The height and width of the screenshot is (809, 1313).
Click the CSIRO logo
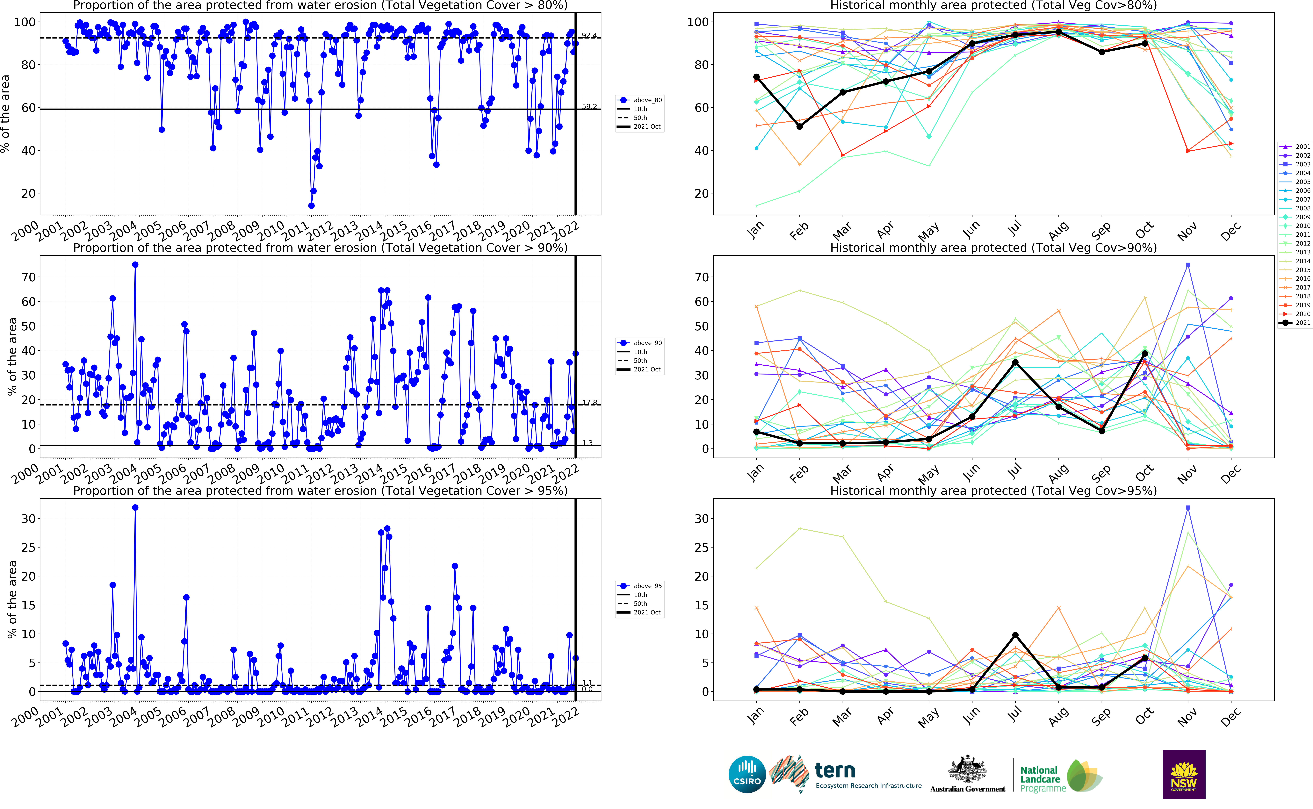747,774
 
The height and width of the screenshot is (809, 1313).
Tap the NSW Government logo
1184,774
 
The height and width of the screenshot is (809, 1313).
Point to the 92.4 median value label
589,35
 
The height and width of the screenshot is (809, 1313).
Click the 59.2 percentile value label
589,106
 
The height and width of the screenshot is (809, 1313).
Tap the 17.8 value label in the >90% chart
589,402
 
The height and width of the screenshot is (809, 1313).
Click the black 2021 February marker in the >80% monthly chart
799,126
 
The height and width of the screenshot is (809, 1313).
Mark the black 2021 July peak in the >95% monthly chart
1015,635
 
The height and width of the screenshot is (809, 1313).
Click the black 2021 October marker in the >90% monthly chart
1144,354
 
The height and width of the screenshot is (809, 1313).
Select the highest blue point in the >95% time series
135,507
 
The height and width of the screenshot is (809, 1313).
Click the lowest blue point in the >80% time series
311,205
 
